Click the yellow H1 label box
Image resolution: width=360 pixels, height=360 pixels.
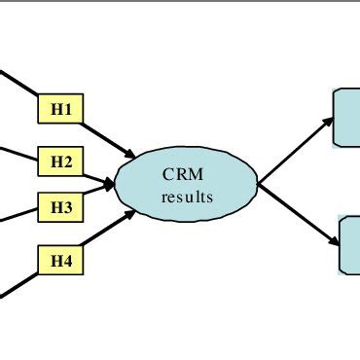point(61,110)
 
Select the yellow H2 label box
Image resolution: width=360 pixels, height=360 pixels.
point(61,161)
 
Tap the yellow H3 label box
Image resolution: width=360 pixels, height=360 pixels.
point(61,206)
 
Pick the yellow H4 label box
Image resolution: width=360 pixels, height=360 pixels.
point(61,259)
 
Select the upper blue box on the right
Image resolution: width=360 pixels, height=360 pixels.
point(347,118)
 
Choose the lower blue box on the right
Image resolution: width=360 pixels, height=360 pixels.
point(349,244)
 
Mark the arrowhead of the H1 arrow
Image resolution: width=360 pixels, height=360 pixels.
point(130,155)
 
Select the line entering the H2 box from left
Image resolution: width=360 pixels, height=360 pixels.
point(18,154)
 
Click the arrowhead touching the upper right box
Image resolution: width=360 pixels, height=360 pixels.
point(327,123)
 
